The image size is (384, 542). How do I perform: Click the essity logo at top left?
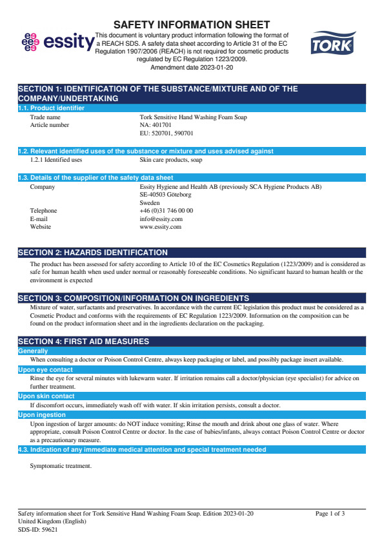pos(57,42)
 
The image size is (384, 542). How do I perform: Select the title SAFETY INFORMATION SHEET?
pos(192,24)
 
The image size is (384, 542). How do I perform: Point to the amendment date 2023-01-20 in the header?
pos(191,67)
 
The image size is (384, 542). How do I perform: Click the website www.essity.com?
pos(160,227)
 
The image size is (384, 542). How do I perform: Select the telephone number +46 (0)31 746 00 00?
pos(166,211)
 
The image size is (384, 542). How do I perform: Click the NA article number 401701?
pos(155,125)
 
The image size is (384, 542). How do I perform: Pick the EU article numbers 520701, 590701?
pos(167,133)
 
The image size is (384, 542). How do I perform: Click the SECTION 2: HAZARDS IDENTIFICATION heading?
pos(92,253)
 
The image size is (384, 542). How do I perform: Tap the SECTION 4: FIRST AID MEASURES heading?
pos(83,341)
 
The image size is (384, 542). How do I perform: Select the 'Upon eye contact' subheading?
pos(45,370)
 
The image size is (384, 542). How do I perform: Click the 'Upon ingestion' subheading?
pos(42,415)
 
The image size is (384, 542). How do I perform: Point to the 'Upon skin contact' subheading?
pos(46,396)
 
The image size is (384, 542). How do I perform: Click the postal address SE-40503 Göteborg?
pos(165,195)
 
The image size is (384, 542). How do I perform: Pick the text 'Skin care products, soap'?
pos(170,160)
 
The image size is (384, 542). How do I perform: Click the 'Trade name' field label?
pos(45,117)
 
